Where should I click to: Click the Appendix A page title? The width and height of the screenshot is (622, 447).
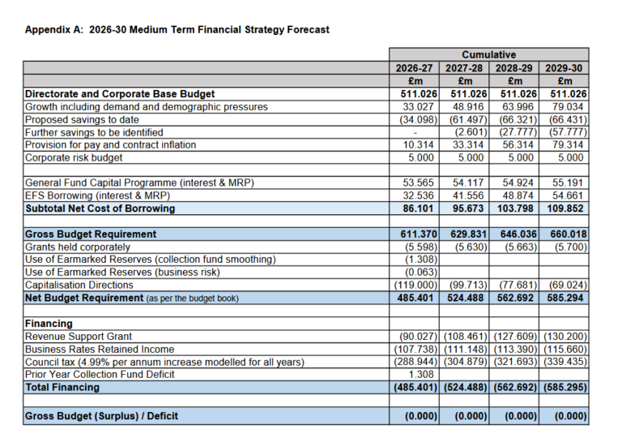(177, 30)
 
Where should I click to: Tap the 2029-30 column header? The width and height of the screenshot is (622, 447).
(564, 68)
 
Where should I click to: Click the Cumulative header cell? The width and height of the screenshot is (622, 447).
(489, 55)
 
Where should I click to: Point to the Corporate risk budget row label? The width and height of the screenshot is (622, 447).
(74, 157)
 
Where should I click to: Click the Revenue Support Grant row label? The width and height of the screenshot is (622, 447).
(79, 336)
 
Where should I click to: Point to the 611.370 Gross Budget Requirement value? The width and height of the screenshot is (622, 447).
(415, 234)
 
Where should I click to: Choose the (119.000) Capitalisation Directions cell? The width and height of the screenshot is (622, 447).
(415, 286)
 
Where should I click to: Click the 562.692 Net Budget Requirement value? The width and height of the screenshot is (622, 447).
(515, 298)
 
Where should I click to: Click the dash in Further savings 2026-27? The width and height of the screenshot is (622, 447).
(415, 132)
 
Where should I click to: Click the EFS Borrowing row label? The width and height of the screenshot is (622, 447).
(96, 196)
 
